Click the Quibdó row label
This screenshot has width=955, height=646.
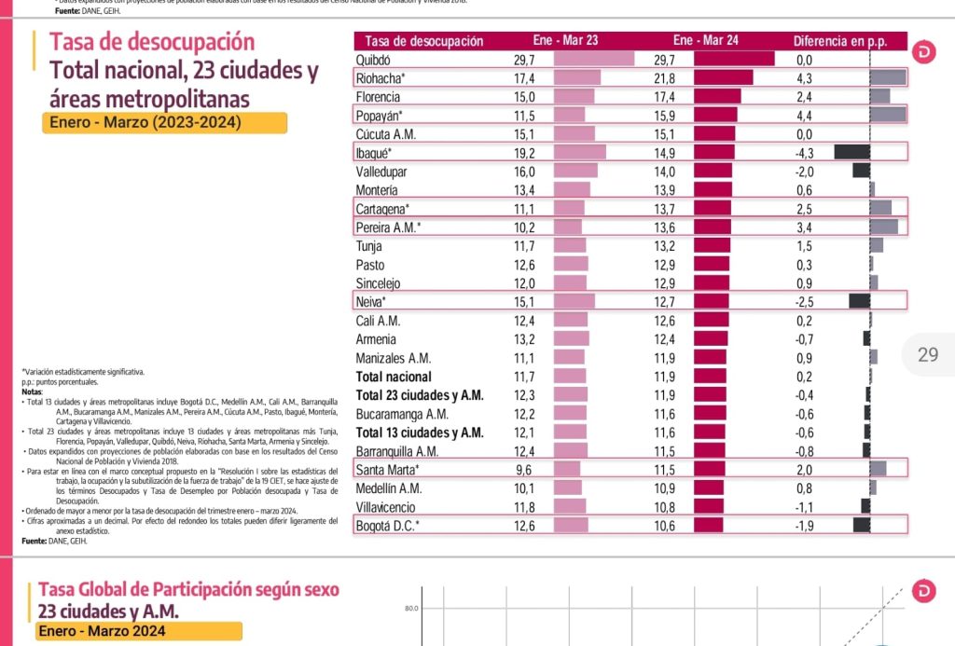[374, 60]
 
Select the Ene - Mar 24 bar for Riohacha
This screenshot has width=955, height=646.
[723, 78]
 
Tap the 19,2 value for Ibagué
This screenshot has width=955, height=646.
[523, 153]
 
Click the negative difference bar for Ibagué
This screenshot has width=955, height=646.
[851, 153]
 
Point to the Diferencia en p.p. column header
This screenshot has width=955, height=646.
[838, 41]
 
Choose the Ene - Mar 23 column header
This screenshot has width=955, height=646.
[565, 41]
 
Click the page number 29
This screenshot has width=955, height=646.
[928, 354]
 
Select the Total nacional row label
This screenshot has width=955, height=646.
[394, 377]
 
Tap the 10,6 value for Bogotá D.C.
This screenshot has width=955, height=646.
[665, 526]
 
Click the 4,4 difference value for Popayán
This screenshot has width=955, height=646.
[803, 116]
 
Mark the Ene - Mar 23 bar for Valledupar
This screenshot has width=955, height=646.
[575, 172]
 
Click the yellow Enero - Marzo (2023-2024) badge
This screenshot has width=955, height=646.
[163, 123]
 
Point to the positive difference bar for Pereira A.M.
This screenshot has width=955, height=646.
[883, 227]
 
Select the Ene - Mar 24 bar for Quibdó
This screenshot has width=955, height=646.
[734, 60]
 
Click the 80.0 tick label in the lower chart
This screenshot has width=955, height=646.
[410, 610]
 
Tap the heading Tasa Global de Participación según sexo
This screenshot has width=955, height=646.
[188, 590]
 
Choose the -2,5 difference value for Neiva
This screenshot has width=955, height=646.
[803, 302]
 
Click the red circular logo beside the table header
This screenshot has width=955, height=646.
[924, 51]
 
